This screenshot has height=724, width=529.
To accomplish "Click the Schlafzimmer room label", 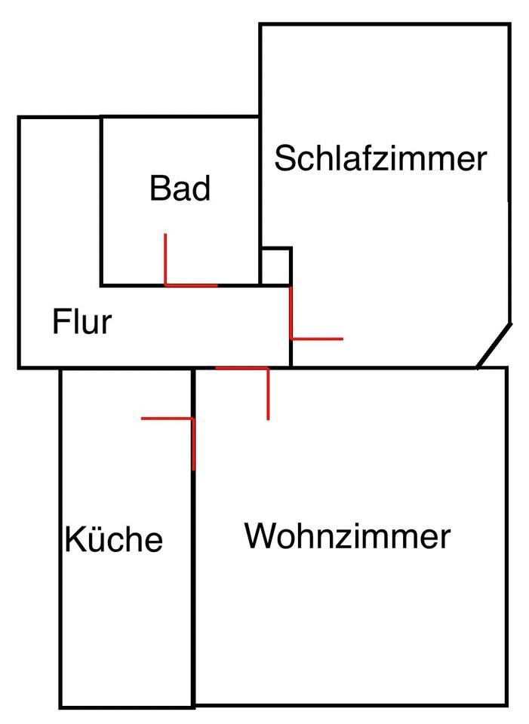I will [380, 160].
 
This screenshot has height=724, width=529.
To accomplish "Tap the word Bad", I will [180, 189].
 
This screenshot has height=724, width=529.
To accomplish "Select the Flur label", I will [82, 323].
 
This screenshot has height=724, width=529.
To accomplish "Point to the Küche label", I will [114, 540].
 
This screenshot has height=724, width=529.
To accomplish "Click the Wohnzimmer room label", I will [347, 538].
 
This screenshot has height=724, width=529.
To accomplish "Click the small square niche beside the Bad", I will [275, 266].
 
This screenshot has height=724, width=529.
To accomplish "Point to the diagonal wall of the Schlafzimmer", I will [494, 346].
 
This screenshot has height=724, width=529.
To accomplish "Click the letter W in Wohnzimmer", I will [261, 537].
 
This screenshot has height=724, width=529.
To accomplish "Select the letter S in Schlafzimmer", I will [284, 160].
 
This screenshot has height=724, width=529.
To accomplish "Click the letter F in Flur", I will [60, 323].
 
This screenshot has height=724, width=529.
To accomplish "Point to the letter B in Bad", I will [159, 189].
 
